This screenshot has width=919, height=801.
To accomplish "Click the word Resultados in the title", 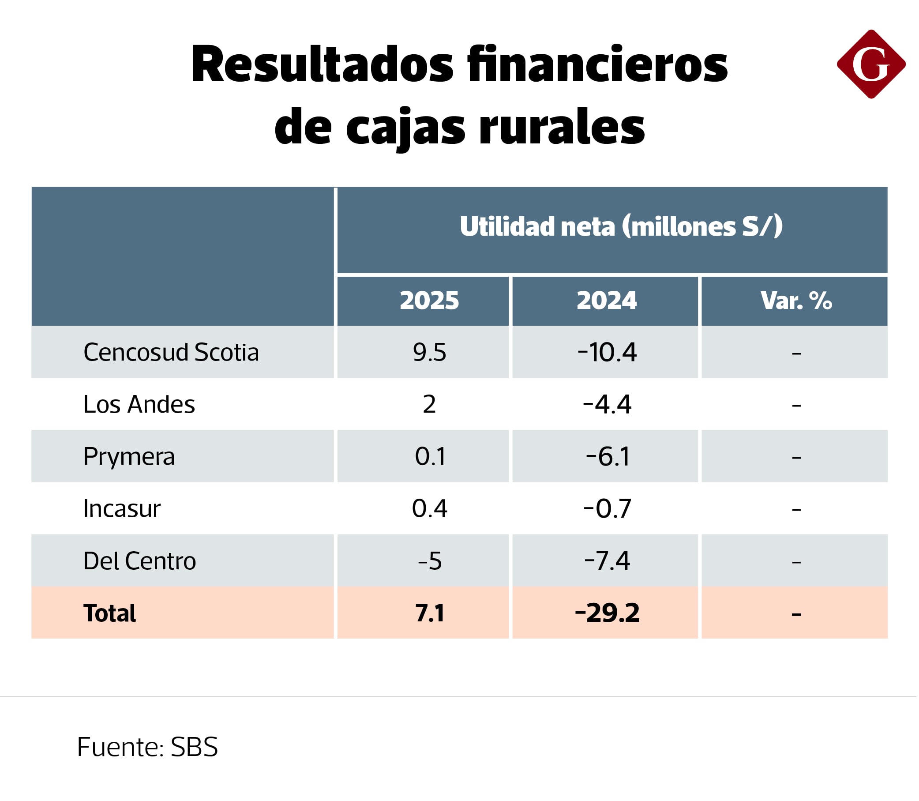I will click(322, 65).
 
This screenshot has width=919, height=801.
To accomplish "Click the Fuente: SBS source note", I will click(148, 747).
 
